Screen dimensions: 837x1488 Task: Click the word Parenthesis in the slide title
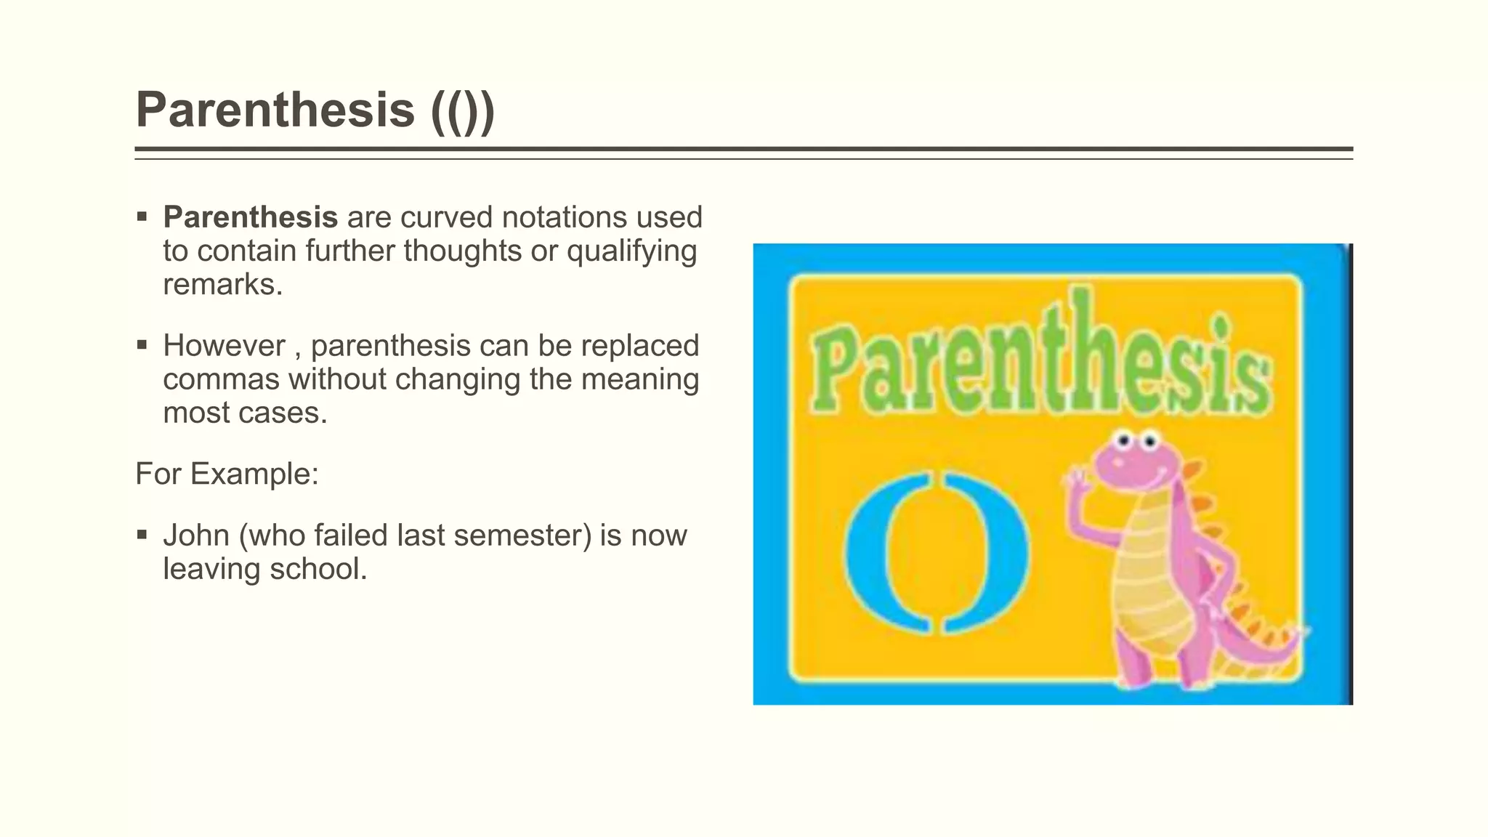(275, 110)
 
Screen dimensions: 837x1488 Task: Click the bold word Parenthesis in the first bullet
(250, 217)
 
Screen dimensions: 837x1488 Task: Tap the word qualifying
(631, 251)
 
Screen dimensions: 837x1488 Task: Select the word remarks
(222, 284)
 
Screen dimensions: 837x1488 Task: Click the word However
(224, 346)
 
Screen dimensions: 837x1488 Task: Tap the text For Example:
(227, 474)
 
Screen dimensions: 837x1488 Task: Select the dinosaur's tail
(1261, 643)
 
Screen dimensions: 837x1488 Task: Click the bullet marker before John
(142, 535)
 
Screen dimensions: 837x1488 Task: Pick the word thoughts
(462, 251)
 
